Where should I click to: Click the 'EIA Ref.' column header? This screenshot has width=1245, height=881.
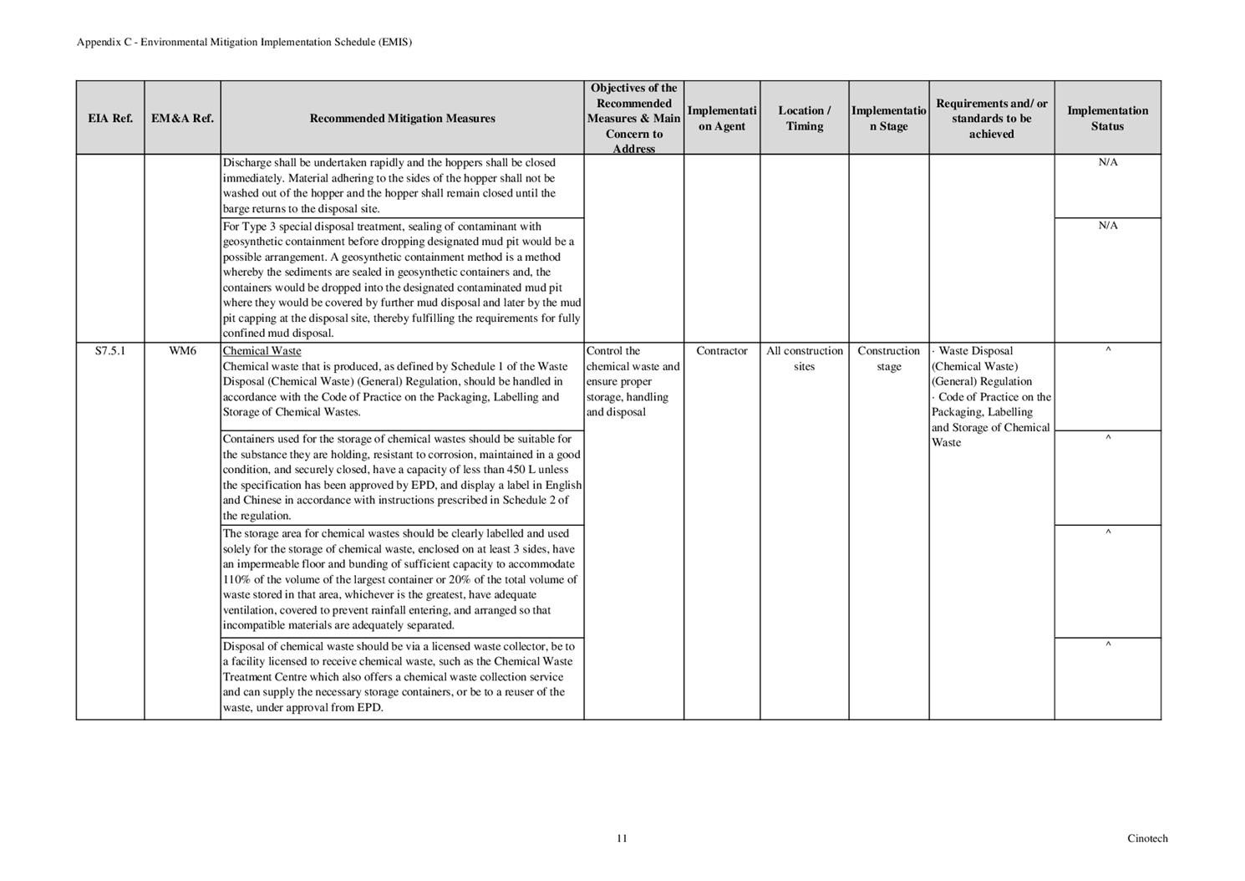110,118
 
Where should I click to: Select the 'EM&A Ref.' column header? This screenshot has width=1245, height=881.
182,118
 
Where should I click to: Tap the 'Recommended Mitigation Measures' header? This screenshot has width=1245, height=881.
402,118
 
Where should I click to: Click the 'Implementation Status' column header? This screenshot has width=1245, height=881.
1107,118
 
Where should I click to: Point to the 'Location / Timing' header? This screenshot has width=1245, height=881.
804,118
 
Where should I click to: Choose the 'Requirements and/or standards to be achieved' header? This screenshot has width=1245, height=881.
991,118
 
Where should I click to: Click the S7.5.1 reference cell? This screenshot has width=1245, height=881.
110,351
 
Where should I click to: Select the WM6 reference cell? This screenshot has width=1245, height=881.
182,351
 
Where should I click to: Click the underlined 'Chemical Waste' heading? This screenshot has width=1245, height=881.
262,351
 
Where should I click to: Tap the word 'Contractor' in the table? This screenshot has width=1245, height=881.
721,351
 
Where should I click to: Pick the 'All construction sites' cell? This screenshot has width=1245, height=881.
804,359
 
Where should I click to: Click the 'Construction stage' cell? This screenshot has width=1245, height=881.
888,359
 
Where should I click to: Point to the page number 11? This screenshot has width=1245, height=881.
622,838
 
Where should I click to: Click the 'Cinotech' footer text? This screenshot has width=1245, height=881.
1147,838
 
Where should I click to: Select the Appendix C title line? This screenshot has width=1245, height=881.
244,42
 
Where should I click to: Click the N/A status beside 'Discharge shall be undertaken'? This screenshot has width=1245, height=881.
1107,162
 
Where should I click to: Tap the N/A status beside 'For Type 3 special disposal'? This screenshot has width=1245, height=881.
1107,226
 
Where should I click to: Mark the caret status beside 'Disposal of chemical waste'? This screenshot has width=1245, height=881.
1107,645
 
